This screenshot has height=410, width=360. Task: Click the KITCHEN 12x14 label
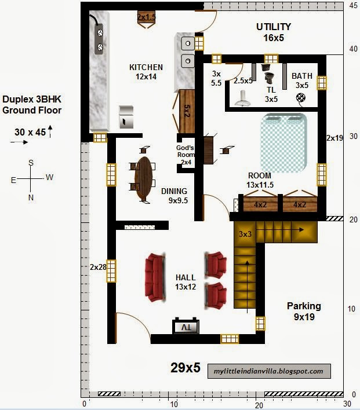coord(146,71)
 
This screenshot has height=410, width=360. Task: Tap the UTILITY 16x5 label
coord(274,32)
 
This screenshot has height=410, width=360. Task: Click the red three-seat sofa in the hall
coord(156,277)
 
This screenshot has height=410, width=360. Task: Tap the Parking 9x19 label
coord(303,311)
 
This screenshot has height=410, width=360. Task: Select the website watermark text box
coord(270,371)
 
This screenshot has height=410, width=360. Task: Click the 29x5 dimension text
coord(186,367)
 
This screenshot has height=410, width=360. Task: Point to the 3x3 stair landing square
coord(244,233)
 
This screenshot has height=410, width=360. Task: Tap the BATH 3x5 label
coord(302,80)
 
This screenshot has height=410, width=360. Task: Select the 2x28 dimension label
coord(99,267)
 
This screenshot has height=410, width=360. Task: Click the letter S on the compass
coord(31,163)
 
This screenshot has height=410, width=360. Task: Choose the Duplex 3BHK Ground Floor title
coord(32,104)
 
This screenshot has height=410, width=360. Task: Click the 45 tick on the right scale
coord(352,5)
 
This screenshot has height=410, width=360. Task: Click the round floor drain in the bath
coord(300,98)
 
